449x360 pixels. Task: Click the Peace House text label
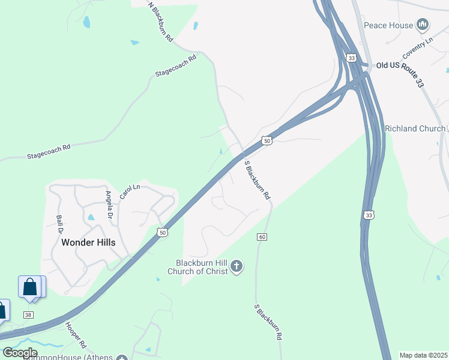click(388, 25)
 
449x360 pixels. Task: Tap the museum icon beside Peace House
click(423, 25)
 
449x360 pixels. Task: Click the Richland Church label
click(415, 128)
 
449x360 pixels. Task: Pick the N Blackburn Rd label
click(161, 21)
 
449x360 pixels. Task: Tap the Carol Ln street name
click(130, 191)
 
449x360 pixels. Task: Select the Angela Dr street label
click(109, 205)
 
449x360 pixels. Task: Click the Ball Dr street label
click(59, 224)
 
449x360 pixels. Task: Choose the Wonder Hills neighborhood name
click(88, 242)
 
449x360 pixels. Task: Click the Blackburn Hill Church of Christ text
click(202, 267)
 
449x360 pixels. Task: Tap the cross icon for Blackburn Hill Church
click(237, 266)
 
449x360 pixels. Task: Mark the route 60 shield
click(262, 238)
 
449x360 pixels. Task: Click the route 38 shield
click(28, 315)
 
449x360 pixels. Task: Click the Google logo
click(20, 352)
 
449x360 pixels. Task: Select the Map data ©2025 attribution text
click(423, 355)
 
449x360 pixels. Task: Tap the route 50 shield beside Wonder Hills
click(161, 232)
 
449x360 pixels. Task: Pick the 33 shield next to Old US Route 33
click(351, 58)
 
